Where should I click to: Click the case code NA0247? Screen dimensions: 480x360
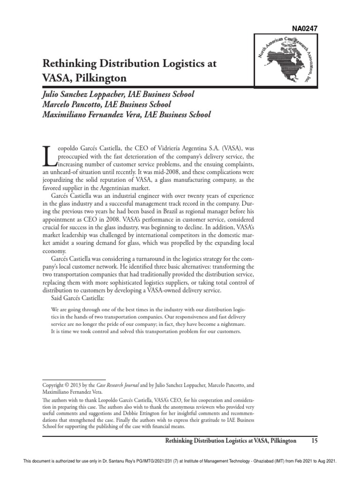pos(305,29)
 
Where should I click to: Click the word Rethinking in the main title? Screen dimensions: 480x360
pos(71,64)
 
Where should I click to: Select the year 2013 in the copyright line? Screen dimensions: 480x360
pos(79,385)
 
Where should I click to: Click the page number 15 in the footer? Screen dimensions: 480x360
pos(314,441)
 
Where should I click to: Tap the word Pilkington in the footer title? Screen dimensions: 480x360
pos(280,441)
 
